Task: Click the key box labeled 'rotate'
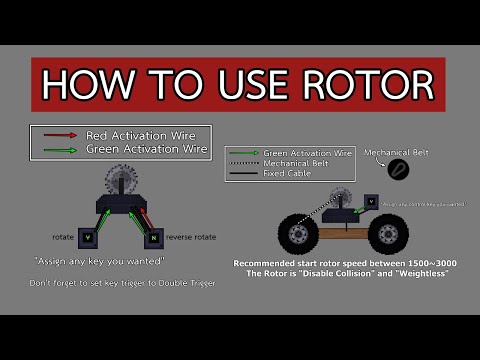pos(87,237)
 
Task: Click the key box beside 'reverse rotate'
pos(152,238)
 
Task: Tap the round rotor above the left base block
pos(121,184)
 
